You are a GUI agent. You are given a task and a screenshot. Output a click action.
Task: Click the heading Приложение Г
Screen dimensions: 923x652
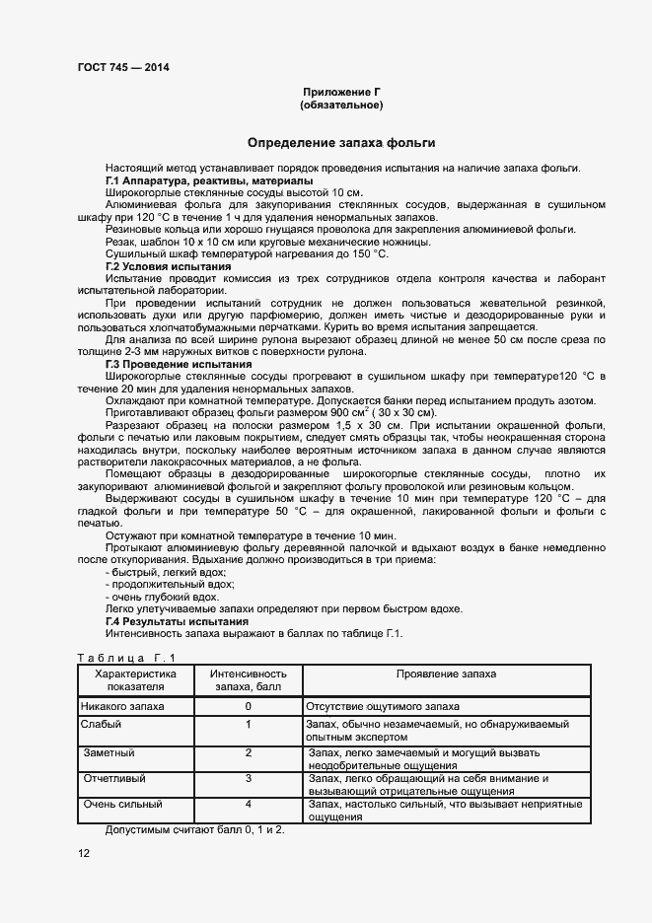click(x=341, y=91)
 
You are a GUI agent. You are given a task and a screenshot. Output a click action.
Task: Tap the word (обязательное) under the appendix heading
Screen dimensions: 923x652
click(x=341, y=105)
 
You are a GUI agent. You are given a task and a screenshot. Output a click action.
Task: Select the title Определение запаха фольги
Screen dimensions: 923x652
click(x=341, y=143)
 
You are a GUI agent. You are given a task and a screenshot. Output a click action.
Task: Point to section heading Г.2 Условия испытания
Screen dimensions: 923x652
click(x=168, y=267)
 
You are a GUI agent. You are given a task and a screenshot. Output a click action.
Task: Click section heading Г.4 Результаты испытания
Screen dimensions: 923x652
click(x=177, y=622)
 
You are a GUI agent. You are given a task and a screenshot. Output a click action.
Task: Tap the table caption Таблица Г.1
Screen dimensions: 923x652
click(x=126, y=658)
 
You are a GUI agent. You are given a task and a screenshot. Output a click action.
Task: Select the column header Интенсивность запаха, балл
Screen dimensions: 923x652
click(x=249, y=679)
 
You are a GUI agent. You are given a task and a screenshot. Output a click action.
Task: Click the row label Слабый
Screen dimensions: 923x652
click(x=102, y=725)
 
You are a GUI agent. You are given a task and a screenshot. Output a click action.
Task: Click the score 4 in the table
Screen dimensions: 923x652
click(x=249, y=805)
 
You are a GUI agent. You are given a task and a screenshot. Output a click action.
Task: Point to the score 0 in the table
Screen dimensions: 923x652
click(x=249, y=707)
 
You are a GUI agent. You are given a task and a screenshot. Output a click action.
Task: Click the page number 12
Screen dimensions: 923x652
click(x=84, y=853)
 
